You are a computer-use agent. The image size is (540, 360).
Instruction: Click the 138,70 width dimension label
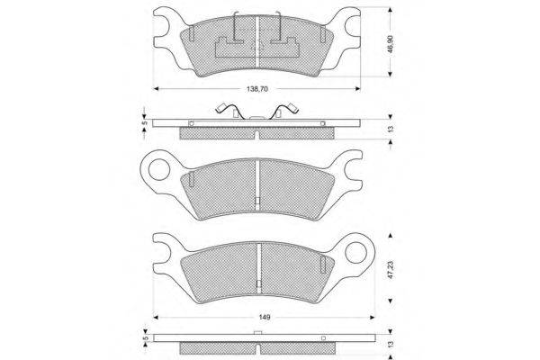point(257,89)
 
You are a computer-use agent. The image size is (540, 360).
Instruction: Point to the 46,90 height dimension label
point(391,44)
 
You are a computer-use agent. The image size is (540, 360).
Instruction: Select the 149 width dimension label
point(264,317)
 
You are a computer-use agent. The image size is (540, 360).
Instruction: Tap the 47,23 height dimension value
point(391,269)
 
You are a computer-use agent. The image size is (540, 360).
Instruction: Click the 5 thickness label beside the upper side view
point(145,122)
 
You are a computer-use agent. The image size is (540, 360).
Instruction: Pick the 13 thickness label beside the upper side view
point(391,129)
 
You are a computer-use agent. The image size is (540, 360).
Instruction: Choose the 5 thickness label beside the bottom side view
point(145,338)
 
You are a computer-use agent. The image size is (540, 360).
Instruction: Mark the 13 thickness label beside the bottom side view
point(391,344)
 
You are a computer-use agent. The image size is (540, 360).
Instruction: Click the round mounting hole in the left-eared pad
point(158,169)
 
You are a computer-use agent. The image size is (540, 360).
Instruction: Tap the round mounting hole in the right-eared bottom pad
point(355,253)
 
